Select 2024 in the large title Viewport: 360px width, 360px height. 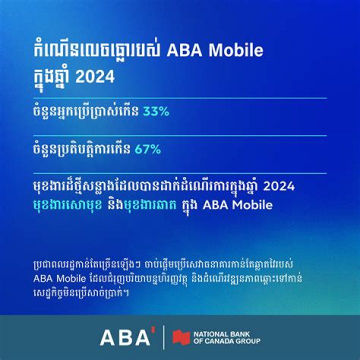tap(98, 77)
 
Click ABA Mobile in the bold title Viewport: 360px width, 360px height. tap(215, 52)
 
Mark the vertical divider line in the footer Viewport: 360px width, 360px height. tap(164, 338)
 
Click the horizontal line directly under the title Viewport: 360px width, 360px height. tap(180, 98)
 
